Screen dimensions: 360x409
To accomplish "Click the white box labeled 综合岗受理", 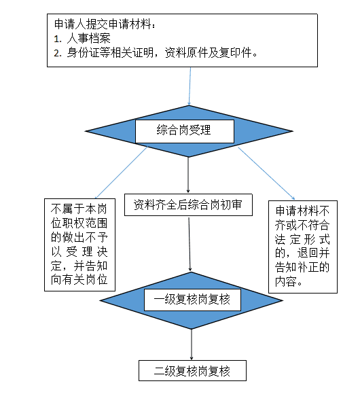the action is (185, 131).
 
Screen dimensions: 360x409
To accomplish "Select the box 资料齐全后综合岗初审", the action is (188, 204).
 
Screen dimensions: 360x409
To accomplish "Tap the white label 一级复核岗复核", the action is (192, 300).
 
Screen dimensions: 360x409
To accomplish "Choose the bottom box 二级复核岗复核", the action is (192, 371).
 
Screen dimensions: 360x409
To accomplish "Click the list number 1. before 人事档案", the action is (57, 39).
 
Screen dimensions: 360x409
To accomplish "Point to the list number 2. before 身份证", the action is (57, 53).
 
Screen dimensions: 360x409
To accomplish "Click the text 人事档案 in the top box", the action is (89, 39).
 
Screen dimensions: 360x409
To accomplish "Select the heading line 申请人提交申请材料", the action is (105, 24).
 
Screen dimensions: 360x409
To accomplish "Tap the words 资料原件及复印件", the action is (211, 53).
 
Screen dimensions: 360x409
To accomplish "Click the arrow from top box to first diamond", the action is (190, 86).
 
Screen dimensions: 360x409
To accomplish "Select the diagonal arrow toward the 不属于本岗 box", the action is (121, 173).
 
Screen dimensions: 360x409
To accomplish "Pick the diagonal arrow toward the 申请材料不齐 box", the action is (266, 174).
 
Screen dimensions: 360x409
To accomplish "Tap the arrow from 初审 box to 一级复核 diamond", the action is (190, 244).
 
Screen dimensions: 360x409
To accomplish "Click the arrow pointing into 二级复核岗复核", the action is (192, 344).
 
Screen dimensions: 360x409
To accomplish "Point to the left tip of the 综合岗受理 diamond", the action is (86, 131).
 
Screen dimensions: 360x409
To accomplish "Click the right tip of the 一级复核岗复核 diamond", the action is (283, 300).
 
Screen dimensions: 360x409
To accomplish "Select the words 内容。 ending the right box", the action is (289, 281).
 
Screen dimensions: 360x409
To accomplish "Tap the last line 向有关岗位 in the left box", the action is (79, 280).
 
